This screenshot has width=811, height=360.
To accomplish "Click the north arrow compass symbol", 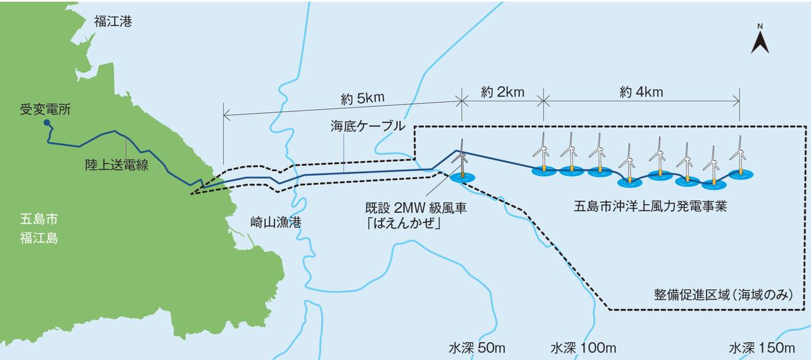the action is click(760, 40).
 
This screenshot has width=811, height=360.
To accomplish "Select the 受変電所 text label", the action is click(45, 109).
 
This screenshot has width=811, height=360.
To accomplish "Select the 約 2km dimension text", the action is click(502, 92).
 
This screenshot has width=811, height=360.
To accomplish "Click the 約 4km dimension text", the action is click(641, 92).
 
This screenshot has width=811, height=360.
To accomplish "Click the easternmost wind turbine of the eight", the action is click(736, 155).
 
